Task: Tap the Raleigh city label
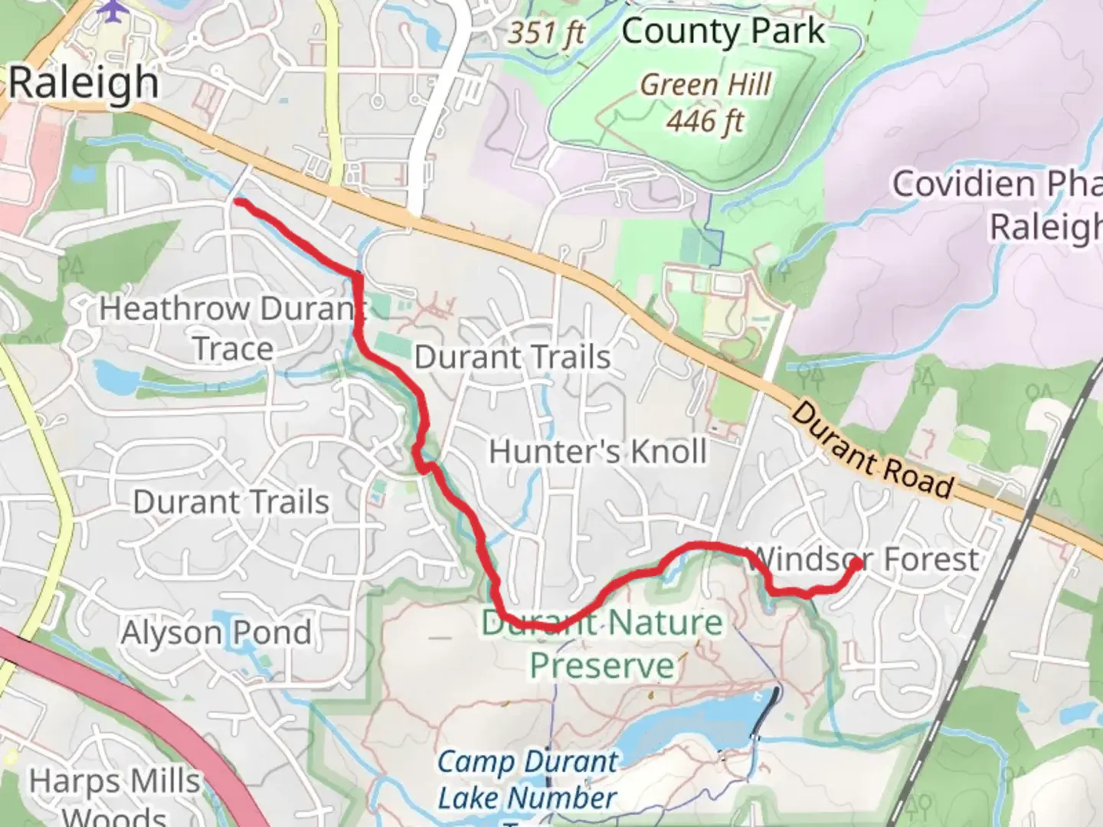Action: pos(83,83)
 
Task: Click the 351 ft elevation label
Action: pos(547,32)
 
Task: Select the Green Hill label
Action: pos(705,84)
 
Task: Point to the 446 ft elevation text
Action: pos(705,120)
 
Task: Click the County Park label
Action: pos(723,32)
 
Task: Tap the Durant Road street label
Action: pos(872,449)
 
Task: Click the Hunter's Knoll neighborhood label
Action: pos(597,451)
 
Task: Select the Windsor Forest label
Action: pos(864,559)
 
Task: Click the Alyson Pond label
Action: pos(216,633)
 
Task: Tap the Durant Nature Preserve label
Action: pos(602,643)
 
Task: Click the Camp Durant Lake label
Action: pos(528,780)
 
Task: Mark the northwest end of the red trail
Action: pos(239,201)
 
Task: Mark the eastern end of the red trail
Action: pos(855,564)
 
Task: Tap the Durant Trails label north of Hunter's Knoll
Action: pos(512,357)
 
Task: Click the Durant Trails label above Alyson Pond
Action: pos(231,502)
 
